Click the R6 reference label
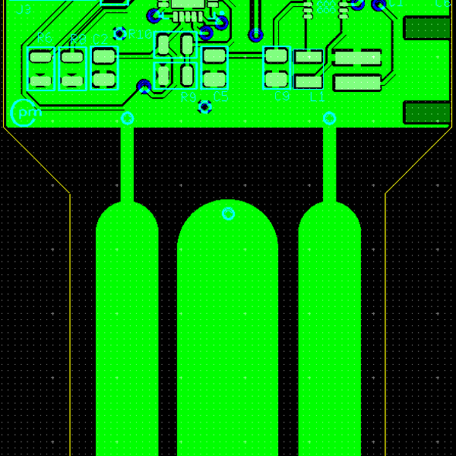44,38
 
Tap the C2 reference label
100,38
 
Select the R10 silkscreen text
140,34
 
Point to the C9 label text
281,97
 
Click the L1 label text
317,97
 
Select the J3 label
23,10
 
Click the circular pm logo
25,113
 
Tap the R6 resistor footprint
41,68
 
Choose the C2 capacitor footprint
105,68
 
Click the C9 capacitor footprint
277,68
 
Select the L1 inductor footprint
308,68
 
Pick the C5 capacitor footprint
215,68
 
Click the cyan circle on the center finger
228,214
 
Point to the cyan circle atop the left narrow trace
128,118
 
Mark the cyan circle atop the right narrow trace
330,118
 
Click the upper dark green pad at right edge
426,28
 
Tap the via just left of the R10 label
119,33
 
